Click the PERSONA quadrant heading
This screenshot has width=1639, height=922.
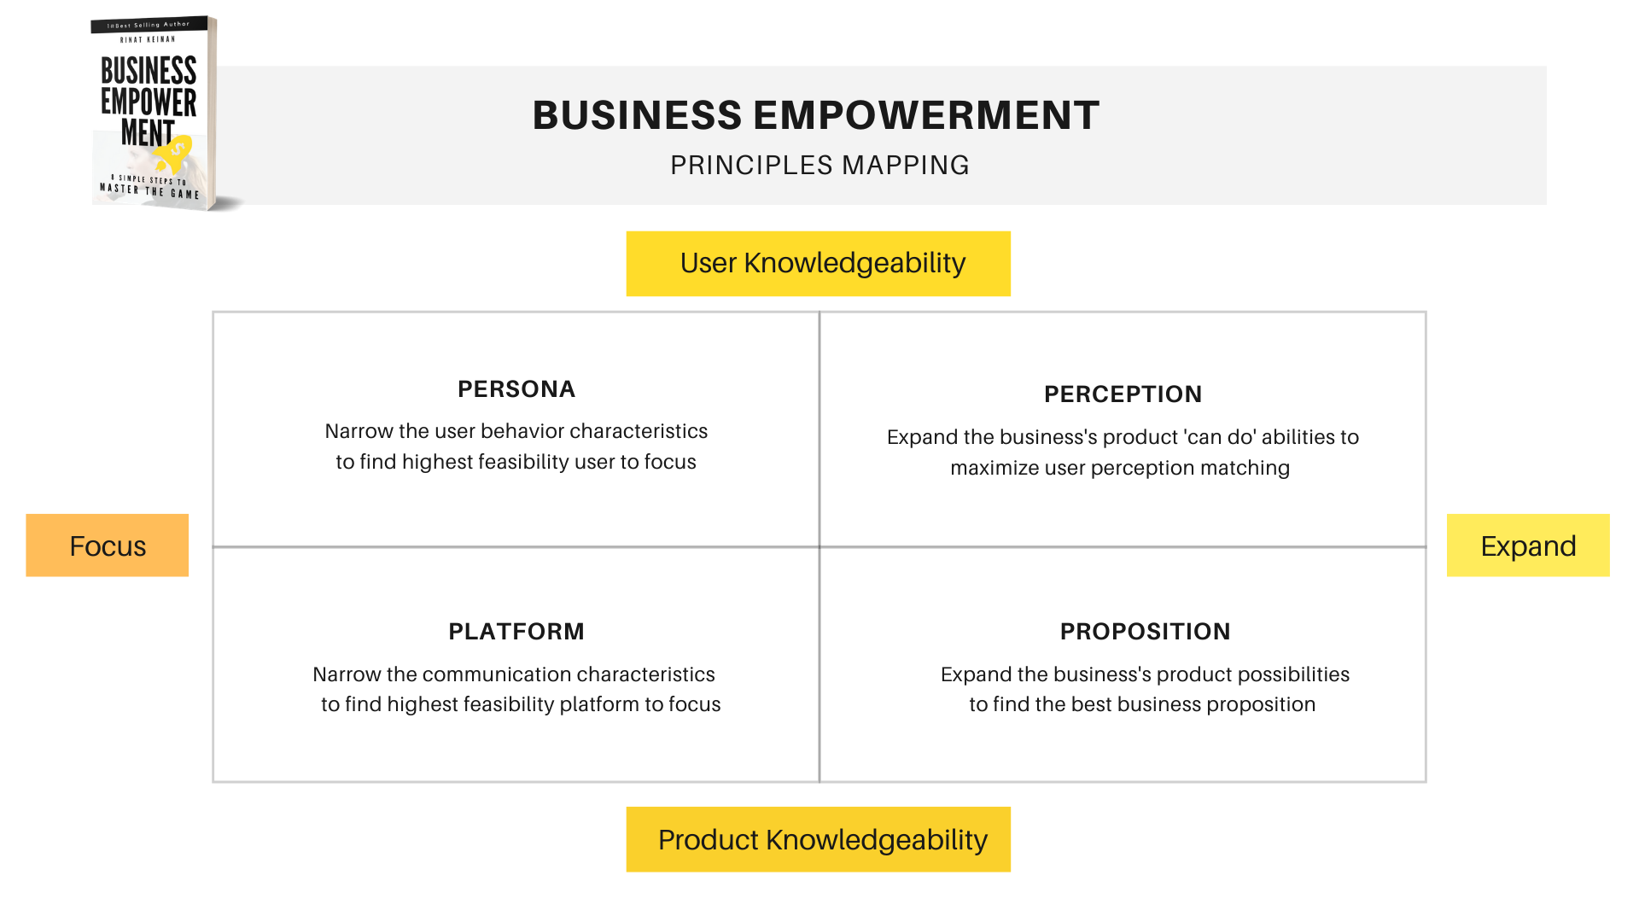coord(516,389)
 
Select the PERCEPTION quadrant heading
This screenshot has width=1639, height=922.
coord(1123,394)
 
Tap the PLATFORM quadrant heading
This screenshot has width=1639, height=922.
coord(516,632)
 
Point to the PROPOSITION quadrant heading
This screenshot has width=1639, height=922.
coord(1145,632)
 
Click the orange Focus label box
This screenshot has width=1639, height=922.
coord(108,545)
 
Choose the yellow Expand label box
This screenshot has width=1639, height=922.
coord(1528,545)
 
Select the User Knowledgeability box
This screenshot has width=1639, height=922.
coord(819,264)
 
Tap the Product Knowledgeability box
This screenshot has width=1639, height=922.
coord(819,839)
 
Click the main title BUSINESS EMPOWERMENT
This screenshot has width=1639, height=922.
coord(816,115)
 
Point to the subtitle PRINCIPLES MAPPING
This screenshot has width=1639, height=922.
coord(819,165)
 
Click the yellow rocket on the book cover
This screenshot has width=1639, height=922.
coord(175,154)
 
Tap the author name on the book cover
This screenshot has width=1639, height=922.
coord(148,39)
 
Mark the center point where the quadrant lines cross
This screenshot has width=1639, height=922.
coord(819,546)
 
